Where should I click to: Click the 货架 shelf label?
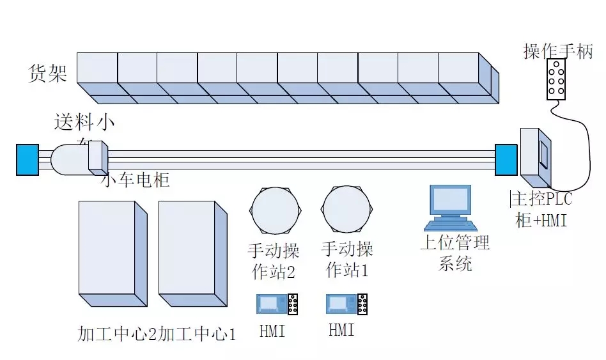pos(48,73)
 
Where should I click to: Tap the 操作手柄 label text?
pos(558,52)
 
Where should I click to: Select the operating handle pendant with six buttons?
pos(556,79)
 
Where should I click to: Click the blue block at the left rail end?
pos(27,159)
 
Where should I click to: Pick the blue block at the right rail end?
pos(506,159)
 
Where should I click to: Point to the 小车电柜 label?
pos(136,180)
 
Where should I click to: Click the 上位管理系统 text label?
pos(454,253)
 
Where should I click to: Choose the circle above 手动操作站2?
pos(275,210)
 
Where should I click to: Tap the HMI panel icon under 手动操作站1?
pos(347,304)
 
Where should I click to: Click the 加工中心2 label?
pos(117,334)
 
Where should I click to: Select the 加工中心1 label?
pos(197,334)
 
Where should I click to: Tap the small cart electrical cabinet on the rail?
pos(98,157)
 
